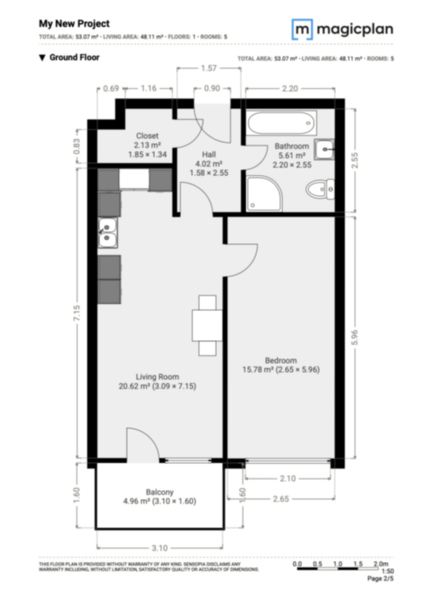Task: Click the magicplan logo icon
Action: tap(302, 29)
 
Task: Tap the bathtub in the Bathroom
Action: tap(282, 123)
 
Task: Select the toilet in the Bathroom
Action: tap(320, 189)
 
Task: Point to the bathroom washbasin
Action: tap(324, 149)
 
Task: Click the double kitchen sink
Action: tap(108, 232)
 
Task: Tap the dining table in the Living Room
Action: tap(207, 326)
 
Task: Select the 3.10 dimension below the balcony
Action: tap(159, 548)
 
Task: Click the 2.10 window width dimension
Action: tap(288, 479)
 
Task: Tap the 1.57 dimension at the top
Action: tap(209, 68)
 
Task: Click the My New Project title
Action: tap(74, 24)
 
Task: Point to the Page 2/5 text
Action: tap(380, 578)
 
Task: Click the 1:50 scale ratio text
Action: tap(388, 571)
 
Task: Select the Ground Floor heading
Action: tap(74, 57)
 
